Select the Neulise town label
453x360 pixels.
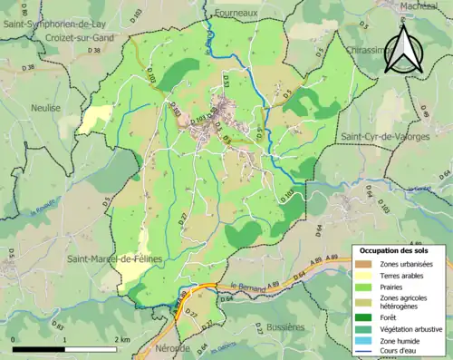click(x=45, y=107)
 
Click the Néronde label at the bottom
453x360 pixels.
click(x=172, y=348)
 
